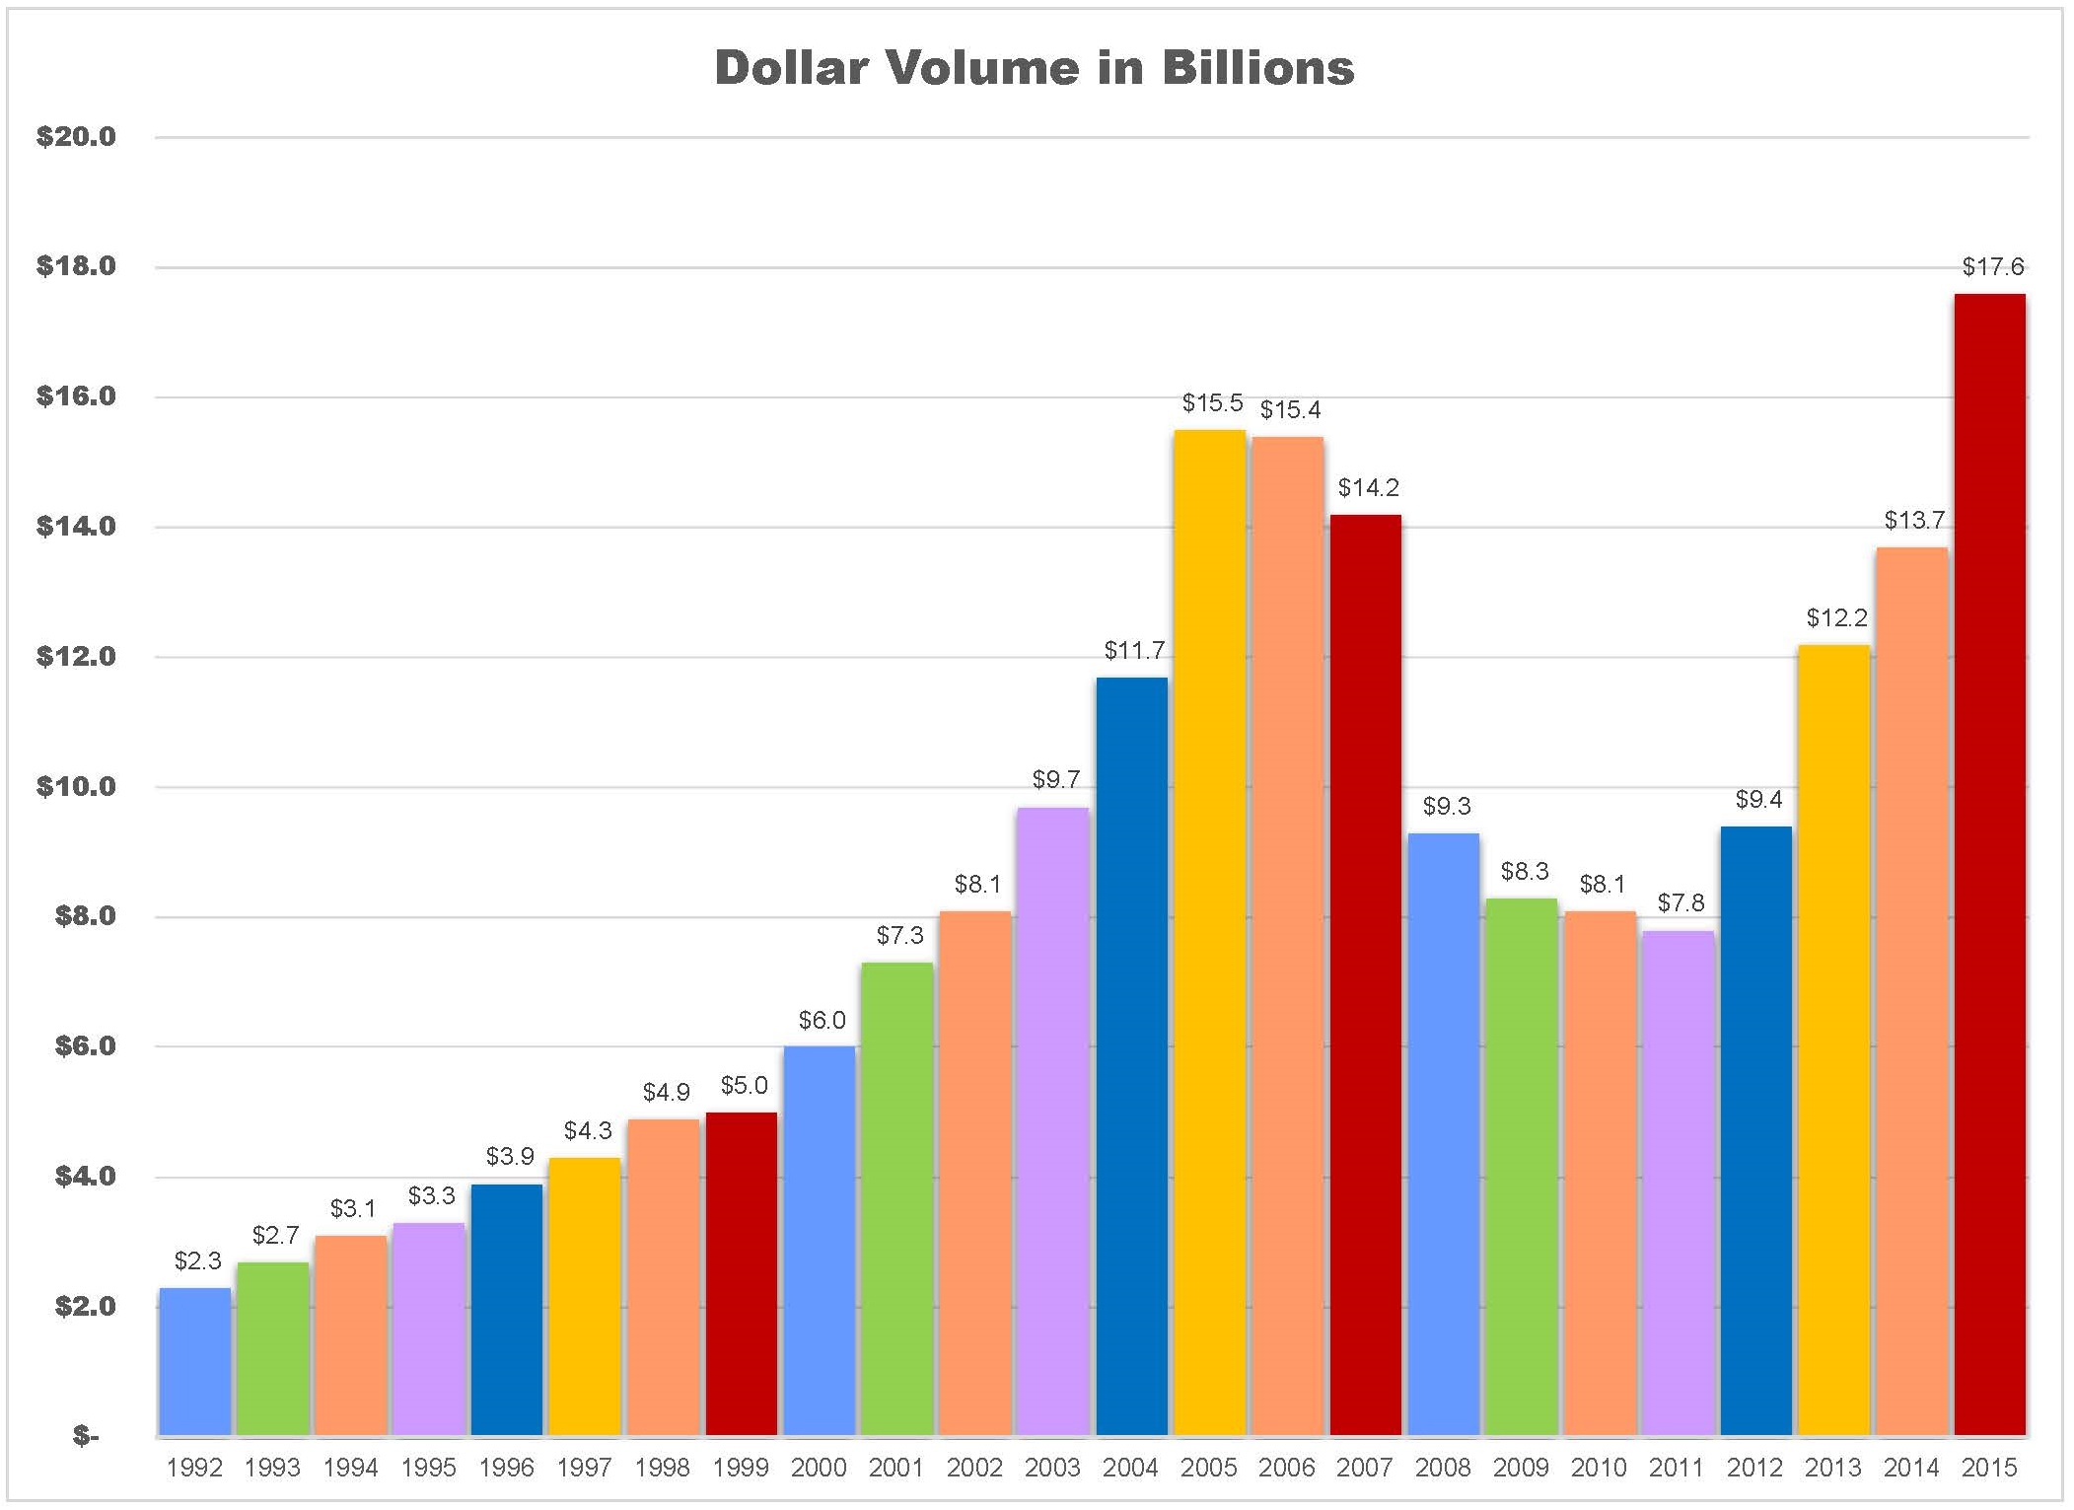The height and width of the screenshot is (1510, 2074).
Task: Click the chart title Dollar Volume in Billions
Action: coord(1034,68)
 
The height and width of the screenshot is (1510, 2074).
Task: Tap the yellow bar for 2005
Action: coord(1209,932)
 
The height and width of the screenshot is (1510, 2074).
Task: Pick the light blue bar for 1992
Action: coord(194,1361)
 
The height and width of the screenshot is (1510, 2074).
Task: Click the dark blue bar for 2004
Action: coord(1131,1055)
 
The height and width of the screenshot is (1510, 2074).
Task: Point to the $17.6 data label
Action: coord(1992,267)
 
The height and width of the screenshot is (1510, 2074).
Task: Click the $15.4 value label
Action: coord(1290,410)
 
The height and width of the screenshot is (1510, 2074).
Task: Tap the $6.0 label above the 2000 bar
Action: coord(822,1021)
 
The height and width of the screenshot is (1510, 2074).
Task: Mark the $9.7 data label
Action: coord(1055,780)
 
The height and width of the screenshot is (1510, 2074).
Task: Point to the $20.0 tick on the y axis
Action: coord(76,137)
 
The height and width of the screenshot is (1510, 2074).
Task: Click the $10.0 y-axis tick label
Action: coord(76,787)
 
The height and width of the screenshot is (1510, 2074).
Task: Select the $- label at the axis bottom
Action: coord(86,1436)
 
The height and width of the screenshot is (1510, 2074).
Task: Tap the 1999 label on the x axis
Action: coord(741,1468)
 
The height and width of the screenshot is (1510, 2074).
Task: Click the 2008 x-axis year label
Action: coord(1443,1468)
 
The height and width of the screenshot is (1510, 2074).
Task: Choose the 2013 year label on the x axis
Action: coord(1832,1468)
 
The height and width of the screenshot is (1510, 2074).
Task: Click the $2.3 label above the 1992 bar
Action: coord(197,1261)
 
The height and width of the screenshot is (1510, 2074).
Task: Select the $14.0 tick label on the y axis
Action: coord(76,527)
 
